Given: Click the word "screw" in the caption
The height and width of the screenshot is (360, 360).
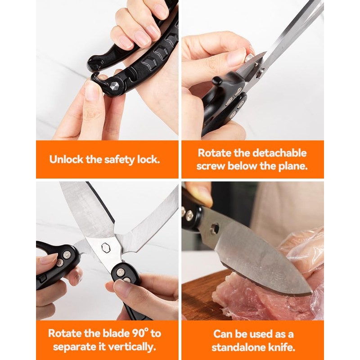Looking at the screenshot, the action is click(x=211, y=166).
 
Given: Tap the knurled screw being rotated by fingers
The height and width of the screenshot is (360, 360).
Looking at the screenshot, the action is click(x=249, y=58).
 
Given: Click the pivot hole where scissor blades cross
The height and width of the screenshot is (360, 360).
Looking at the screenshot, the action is click(x=106, y=248).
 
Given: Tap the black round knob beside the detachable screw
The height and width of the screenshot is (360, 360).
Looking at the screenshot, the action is click(x=217, y=81).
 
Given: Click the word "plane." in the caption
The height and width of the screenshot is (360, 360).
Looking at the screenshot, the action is click(x=293, y=166).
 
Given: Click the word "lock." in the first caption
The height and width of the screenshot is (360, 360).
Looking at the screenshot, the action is click(x=148, y=159).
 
